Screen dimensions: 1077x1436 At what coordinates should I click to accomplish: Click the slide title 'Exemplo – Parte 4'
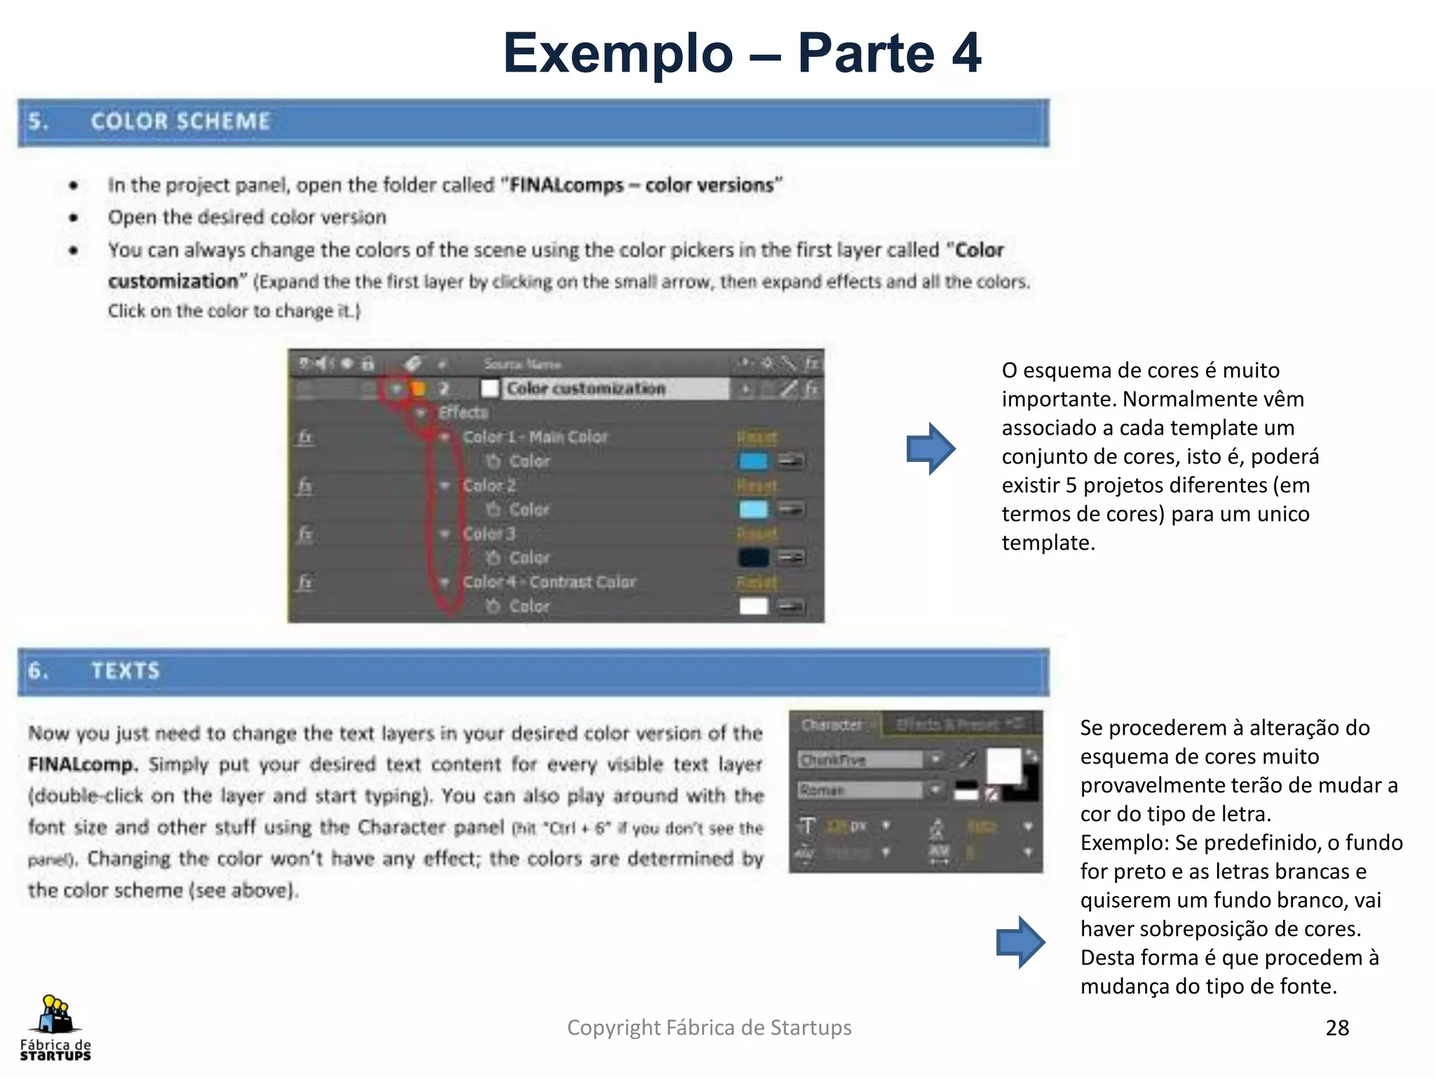point(741,53)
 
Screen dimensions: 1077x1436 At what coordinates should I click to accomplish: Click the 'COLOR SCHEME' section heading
point(180,121)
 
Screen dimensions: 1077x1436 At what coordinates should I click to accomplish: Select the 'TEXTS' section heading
point(126,671)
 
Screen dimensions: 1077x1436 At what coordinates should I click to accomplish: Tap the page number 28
point(1337,1027)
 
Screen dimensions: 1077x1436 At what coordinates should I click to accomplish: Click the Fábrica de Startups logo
point(55,1027)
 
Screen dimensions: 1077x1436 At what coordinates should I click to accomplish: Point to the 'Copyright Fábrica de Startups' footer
point(709,1027)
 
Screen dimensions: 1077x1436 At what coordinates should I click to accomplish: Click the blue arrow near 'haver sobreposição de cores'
point(1020,942)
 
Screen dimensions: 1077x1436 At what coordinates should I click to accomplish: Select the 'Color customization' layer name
point(585,388)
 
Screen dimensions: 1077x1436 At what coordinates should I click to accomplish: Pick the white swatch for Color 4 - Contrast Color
point(753,606)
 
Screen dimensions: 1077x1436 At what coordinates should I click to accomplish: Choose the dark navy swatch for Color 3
point(753,557)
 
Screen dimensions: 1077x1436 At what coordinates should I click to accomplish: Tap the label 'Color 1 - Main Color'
point(535,437)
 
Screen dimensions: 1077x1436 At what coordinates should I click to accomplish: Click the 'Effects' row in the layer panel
point(463,412)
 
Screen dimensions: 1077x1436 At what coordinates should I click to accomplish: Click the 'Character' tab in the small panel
point(832,725)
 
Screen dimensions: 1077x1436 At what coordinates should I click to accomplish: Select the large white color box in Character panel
point(1004,766)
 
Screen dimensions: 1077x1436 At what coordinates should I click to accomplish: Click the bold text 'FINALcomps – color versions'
point(641,185)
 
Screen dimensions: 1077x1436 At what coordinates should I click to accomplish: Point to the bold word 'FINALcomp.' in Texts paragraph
point(83,764)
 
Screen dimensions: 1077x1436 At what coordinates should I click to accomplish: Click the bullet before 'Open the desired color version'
point(74,218)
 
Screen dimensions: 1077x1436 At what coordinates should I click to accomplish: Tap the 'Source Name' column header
point(522,364)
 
